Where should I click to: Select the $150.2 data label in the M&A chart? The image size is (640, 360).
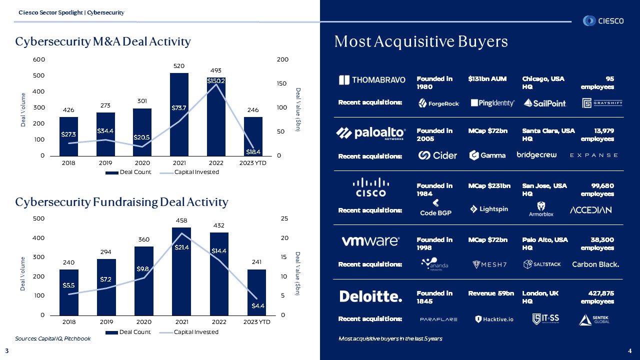point(216,80)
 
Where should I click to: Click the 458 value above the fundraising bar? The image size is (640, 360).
point(181,220)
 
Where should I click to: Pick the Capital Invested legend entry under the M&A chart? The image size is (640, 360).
point(188,172)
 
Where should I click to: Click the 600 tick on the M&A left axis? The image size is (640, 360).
point(39,59)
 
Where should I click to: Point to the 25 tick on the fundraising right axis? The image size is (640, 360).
point(283,218)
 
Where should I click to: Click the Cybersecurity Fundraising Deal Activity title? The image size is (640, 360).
point(121,202)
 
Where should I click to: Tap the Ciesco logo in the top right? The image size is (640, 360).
point(603,21)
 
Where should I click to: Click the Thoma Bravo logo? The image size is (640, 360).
point(372,80)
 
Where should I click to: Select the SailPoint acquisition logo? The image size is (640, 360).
point(545,103)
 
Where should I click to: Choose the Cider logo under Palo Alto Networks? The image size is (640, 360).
point(437,155)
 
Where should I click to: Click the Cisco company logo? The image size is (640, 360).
point(370,187)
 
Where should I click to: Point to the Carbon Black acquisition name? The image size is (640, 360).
point(595,264)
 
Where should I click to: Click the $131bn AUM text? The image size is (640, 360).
point(487,79)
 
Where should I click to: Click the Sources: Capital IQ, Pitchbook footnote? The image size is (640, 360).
point(53,338)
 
